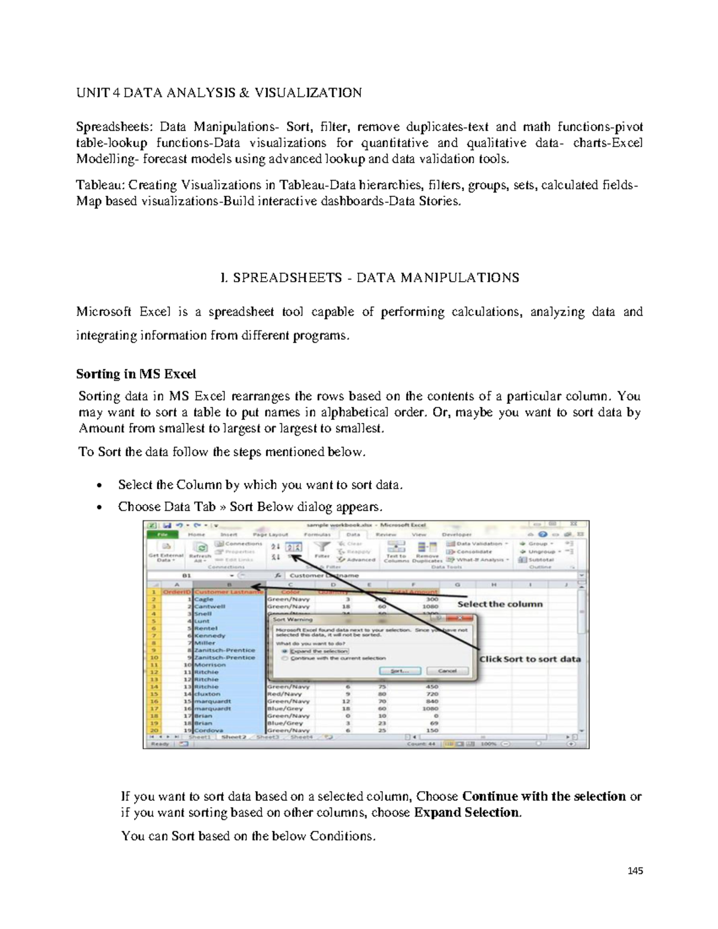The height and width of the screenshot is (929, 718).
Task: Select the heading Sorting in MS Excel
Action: point(136,374)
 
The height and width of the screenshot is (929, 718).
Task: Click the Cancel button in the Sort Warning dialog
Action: point(447,671)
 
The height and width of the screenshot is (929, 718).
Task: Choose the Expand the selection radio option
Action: point(285,651)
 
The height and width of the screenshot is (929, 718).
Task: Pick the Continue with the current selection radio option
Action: point(285,658)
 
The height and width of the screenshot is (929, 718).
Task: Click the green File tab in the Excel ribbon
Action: point(162,534)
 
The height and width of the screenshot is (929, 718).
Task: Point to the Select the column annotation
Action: point(500,604)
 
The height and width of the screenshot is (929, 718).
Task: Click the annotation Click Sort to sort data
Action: point(530,659)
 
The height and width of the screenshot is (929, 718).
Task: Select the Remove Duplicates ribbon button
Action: point(427,551)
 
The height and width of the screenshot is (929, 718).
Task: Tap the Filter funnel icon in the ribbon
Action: point(323,547)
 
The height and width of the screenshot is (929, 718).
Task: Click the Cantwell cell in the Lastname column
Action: point(209,607)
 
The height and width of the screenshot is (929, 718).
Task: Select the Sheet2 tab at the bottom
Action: point(233,737)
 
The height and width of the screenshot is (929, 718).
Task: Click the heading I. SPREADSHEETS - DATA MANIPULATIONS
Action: point(369,278)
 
